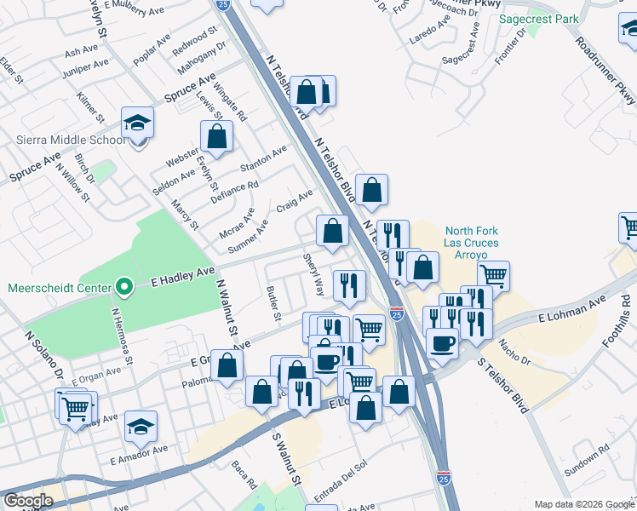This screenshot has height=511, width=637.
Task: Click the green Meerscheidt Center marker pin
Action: [124, 287]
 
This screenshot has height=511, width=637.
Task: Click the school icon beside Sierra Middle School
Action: [136, 124]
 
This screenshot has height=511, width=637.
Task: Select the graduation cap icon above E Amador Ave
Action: [141, 428]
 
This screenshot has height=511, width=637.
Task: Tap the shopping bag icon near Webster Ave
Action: [217, 136]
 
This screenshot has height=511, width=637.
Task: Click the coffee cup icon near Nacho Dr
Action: [442, 343]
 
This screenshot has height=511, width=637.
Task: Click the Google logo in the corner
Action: [28, 501]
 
